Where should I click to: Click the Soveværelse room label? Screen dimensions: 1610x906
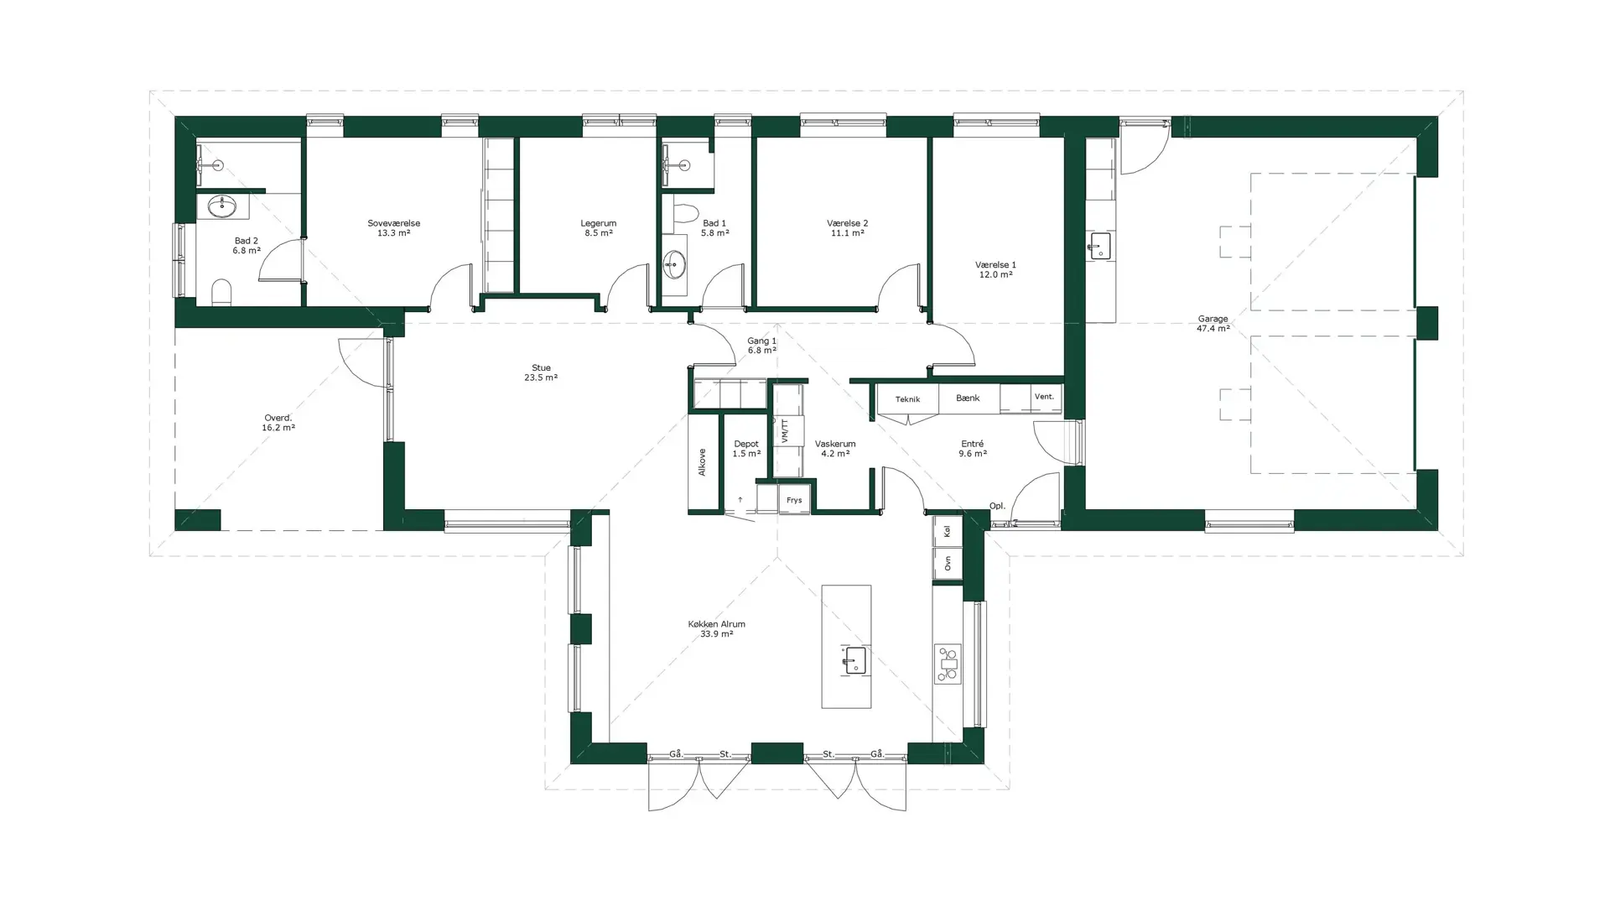point(393,223)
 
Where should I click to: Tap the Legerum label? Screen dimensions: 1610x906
point(598,223)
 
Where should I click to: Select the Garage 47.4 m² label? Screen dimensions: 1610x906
point(1213,324)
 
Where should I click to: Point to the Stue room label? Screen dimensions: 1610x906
point(541,367)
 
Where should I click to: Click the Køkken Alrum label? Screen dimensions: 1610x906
point(716,624)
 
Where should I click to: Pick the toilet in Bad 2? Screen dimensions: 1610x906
point(221,293)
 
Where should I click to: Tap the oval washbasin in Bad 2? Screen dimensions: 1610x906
point(222,206)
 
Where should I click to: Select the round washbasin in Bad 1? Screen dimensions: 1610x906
point(674,266)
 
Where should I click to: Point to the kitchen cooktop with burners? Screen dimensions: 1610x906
point(948,664)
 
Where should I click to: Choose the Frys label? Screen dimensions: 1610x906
point(794,500)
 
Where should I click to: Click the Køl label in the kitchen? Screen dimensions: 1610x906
point(948,531)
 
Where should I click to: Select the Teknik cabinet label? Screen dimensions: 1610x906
point(907,399)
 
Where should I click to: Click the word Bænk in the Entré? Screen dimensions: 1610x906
point(968,398)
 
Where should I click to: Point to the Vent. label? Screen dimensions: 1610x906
point(1044,396)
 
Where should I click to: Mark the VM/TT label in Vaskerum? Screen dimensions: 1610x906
point(786,431)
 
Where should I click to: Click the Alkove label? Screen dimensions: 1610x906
point(702,462)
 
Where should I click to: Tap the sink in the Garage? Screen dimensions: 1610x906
point(1099,247)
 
